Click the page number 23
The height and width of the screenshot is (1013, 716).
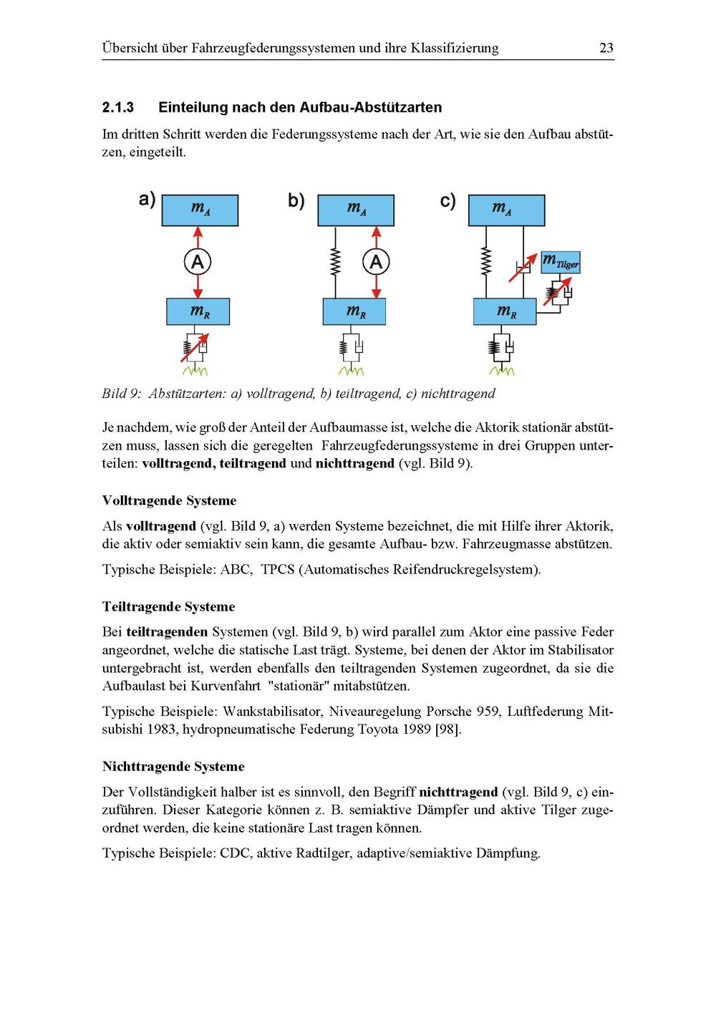[606, 49]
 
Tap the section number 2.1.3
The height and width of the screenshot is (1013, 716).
[118, 108]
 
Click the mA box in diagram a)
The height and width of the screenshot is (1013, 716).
[200, 210]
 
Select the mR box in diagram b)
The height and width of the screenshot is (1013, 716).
[354, 311]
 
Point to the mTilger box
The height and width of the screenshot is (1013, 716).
[561, 262]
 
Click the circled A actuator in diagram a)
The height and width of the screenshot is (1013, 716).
[198, 262]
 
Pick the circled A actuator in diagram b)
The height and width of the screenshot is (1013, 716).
[376, 262]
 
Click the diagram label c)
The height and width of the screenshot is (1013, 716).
[447, 201]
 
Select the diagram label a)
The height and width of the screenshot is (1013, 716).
[147, 199]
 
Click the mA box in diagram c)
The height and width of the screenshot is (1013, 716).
[506, 210]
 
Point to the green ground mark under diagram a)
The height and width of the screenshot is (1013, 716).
[195, 371]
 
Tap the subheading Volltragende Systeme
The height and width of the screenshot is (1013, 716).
[169, 500]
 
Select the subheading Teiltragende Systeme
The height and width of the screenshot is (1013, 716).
[168, 606]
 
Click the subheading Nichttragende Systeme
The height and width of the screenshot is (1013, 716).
[173, 766]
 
